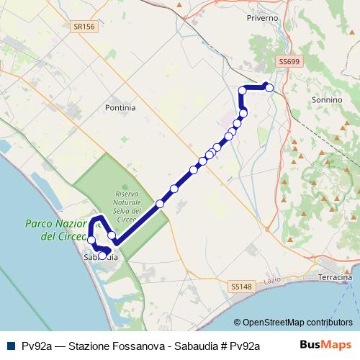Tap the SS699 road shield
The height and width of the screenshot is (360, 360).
[288, 62]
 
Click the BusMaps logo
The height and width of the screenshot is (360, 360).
[331, 344]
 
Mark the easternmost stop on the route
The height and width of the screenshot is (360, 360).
[269, 87]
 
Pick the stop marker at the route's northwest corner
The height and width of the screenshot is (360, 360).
[243, 91]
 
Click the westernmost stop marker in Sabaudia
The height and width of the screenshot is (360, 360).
[91, 240]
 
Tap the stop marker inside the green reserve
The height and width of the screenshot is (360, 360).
[160, 204]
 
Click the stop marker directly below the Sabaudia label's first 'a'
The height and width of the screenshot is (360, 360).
[102, 255]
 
